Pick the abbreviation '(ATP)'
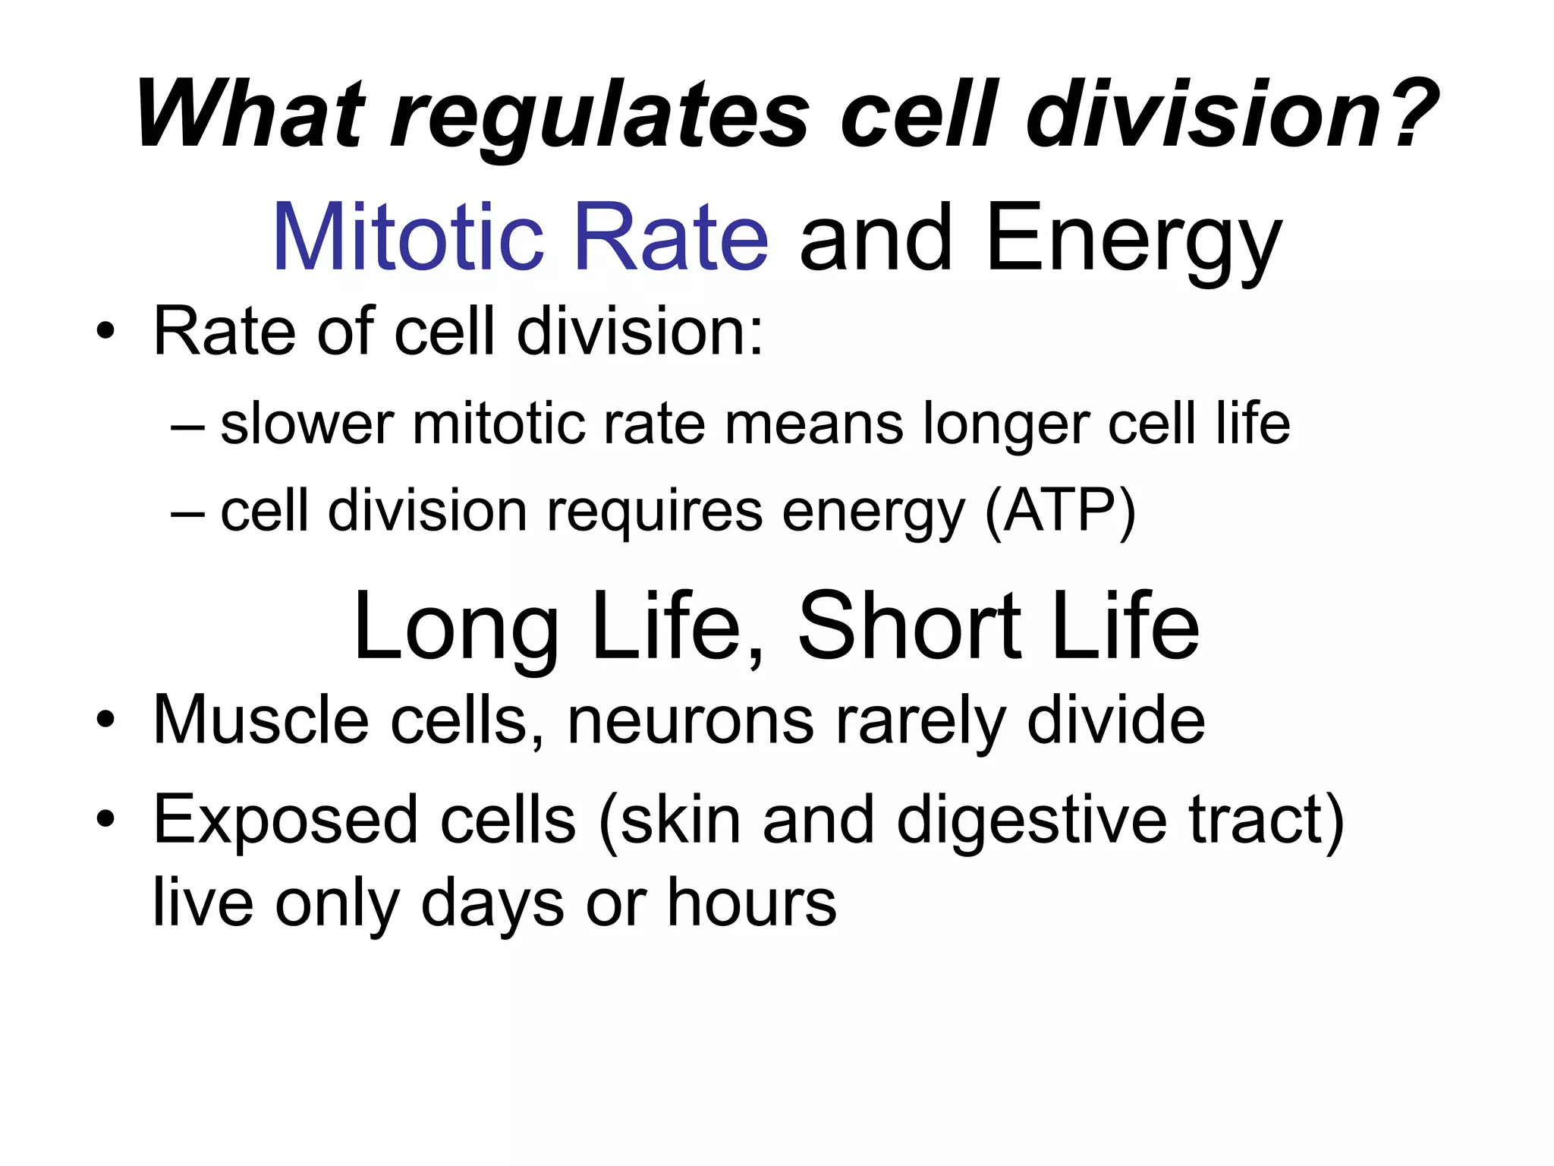pos(1060,512)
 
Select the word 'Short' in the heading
pos(909,627)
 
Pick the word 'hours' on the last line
pos(751,903)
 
